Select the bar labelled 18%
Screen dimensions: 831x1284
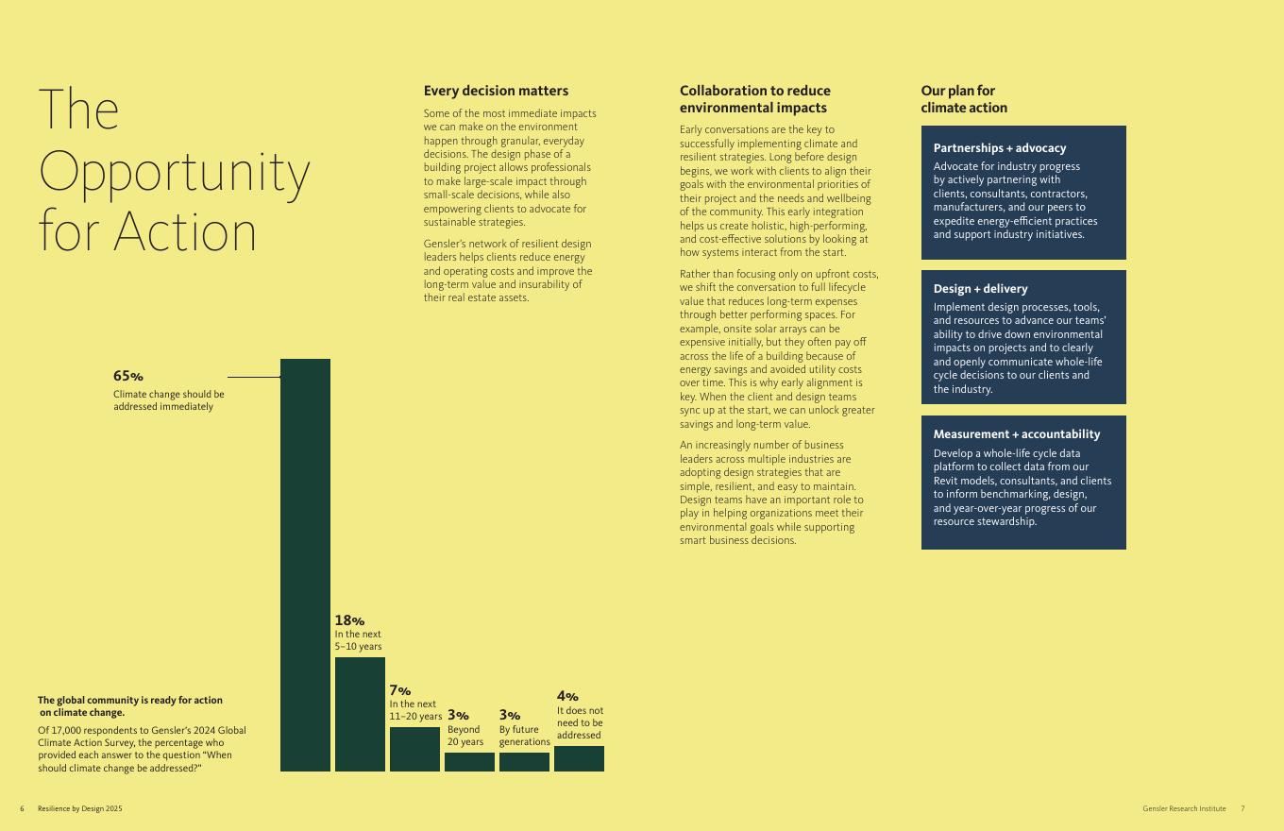[x=360, y=714]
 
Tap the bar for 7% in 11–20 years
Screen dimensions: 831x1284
[x=414, y=749]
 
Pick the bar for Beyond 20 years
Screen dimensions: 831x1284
[x=469, y=762]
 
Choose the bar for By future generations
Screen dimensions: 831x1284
[x=524, y=762]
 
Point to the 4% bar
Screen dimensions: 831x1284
[x=579, y=758]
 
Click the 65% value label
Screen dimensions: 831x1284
[x=127, y=376]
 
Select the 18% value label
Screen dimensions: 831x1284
[x=348, y=620]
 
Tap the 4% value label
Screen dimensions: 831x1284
[x=567, y=696]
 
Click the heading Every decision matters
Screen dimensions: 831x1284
[x=496, y=91]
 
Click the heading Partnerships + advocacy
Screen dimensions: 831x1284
[x=999, y=148]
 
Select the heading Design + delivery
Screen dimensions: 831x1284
[x=980, y=289]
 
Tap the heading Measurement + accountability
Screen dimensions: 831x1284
[x=1016, y=434]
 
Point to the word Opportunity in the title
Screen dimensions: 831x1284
[x=175, y=172]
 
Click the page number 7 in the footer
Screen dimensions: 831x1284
[x=1242, y=808]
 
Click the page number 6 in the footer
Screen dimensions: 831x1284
[x=22, y=808]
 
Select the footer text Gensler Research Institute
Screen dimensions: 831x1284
[x=1184, y=808]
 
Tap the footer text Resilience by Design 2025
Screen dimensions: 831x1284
[x=80, y=808]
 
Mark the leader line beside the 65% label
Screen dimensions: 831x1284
[x=253, y=377]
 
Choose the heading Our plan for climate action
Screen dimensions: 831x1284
[x=963, y=99]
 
